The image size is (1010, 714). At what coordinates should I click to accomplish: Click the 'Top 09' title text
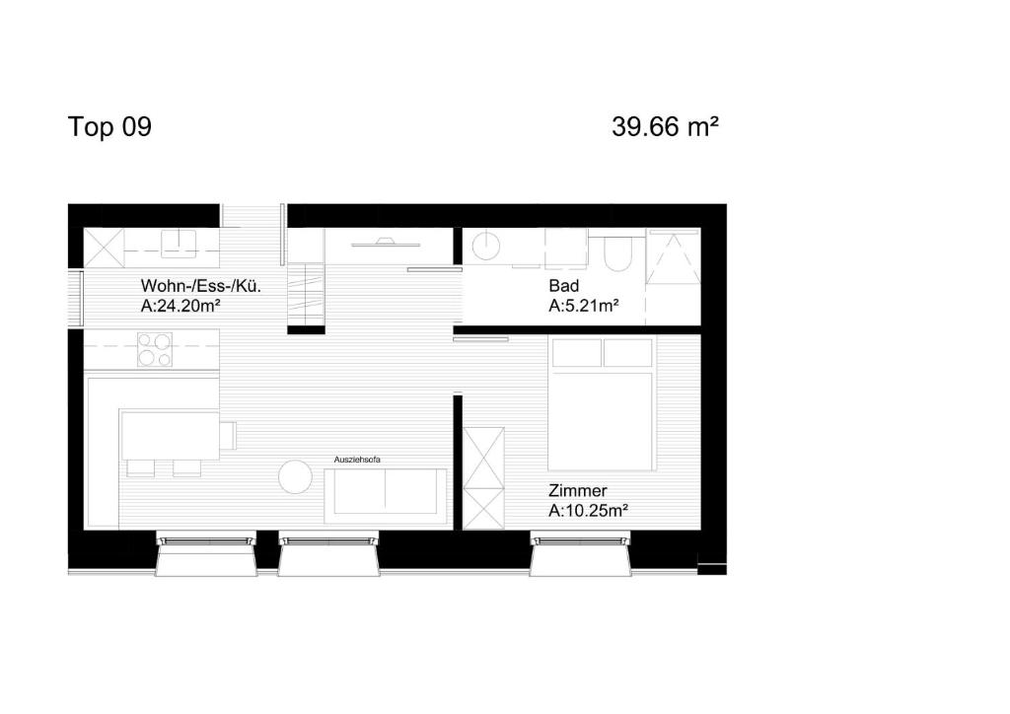[109, 127]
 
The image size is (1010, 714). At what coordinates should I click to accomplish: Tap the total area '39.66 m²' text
[664, 127]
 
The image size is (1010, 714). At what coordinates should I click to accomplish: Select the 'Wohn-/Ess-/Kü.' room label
[200, 287]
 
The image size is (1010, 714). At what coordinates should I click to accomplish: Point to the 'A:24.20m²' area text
[180, 307]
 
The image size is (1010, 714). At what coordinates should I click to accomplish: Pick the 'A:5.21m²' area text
[583, 306]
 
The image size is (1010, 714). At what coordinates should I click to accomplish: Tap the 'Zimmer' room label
[577, 490]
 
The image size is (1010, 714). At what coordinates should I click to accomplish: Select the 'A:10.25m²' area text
[589, 511]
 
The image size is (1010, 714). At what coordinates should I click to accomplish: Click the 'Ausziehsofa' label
[357, 460]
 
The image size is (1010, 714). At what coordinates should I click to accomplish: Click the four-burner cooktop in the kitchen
[154, 349]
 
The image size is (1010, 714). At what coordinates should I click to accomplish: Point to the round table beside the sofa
[295, 478]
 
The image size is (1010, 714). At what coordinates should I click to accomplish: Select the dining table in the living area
[171, 436]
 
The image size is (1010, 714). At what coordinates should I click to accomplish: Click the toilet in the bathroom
[617, 253]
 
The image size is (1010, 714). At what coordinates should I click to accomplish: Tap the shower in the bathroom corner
[674, 256]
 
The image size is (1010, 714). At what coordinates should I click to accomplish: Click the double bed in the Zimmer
[603, 404]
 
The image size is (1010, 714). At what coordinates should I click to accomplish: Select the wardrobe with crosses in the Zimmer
[483, 477]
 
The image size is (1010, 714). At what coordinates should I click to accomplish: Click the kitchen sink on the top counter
[180, 243]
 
